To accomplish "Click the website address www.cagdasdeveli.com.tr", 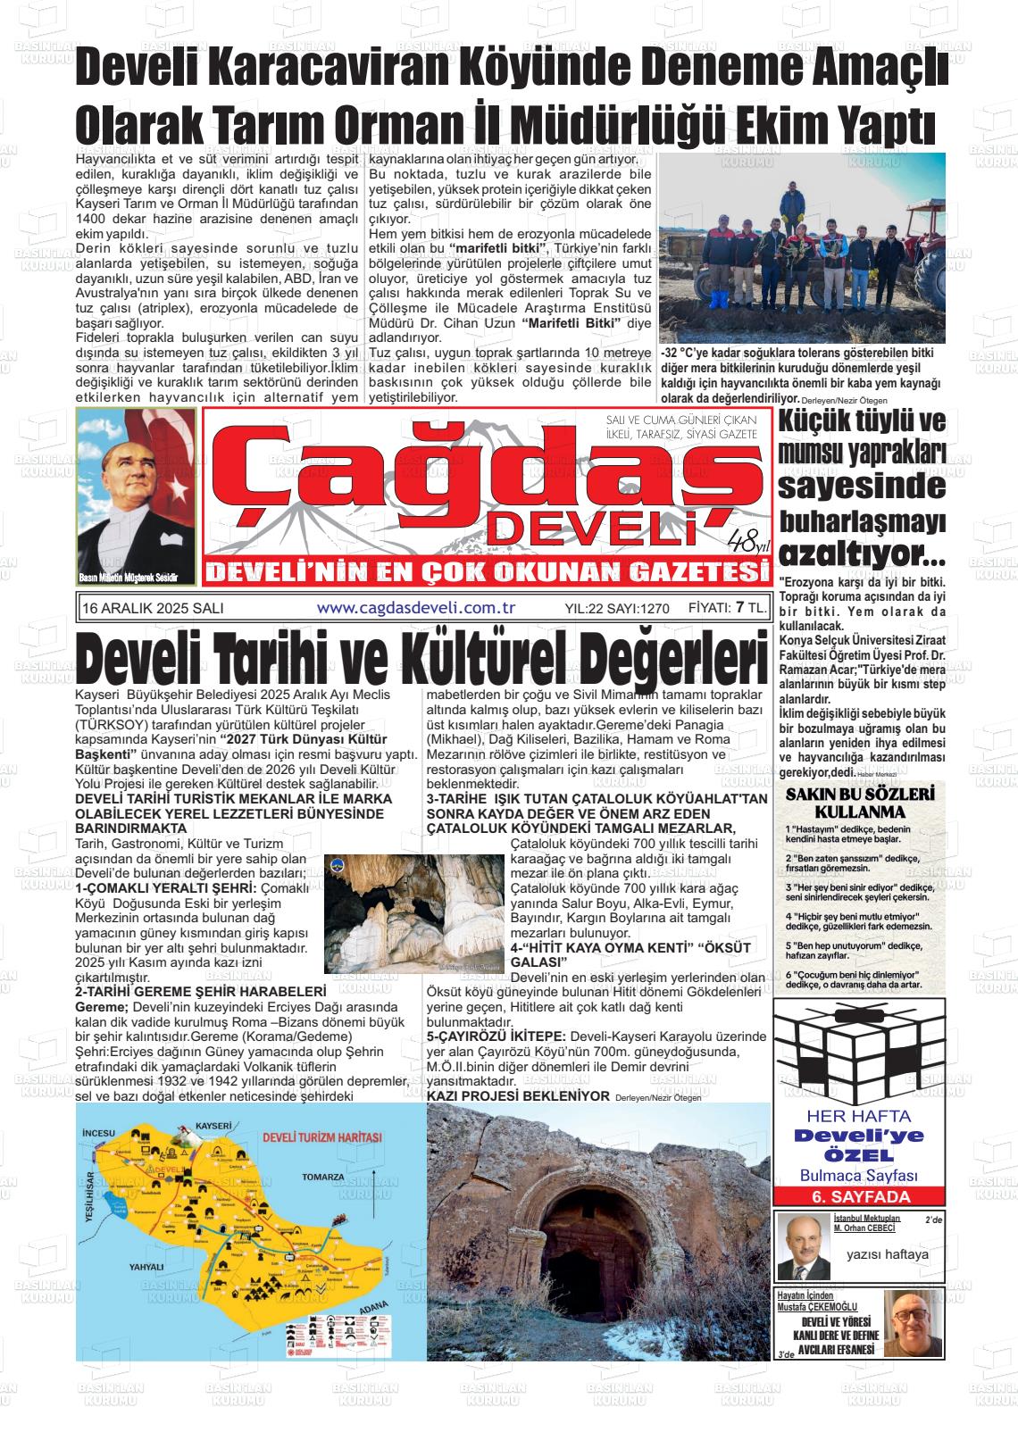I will point(417,607).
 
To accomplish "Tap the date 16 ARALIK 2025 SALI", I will point(152,608).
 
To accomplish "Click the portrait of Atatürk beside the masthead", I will point(137,496).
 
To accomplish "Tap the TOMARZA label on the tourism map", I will point(322,1178).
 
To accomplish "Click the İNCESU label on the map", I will point(99,1133).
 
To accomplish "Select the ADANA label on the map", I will point(373,1310).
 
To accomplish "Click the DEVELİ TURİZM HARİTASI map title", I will point(322,1138).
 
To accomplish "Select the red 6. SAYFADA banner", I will point(857,1197).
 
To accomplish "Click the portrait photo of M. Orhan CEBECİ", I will point(803,1247).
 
